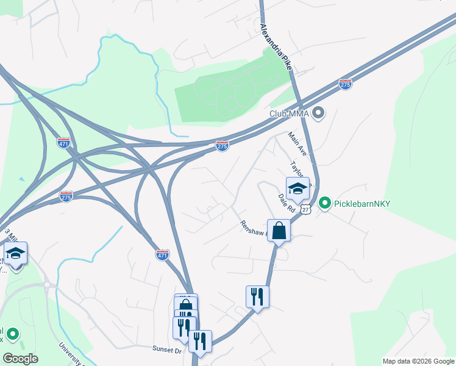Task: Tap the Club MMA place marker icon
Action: (x=318, y=113)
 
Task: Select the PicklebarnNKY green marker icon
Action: (x=325, y=203)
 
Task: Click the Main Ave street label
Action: (x=297, y=145)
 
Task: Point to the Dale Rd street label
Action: (x=286, y=204)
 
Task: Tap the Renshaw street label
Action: (x=254, y=229)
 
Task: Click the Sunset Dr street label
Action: (x=166, y=350)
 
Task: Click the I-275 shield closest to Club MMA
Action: (x=346, y=85)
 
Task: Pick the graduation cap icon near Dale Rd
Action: (x=297, y=188)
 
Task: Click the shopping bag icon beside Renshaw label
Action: (x=279, y=231)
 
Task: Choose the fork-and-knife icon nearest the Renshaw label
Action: (x=257, y=296)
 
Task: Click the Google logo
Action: (x=20, y=359)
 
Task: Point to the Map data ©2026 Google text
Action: (x=418, y=361)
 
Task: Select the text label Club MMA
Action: (x=289, y=113)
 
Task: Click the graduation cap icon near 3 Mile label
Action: (x=15, y=253)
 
